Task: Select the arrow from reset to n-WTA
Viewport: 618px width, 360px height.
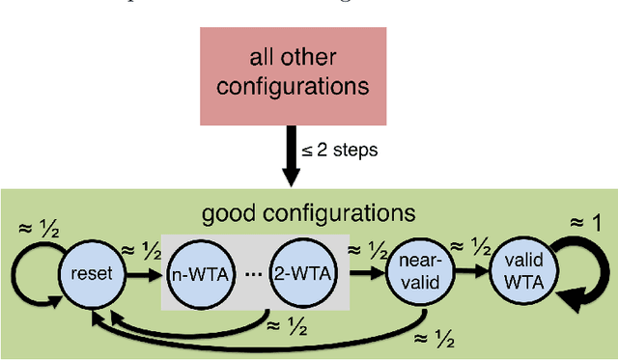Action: (143, 273)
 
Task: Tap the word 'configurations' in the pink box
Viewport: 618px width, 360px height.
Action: (292, 86)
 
